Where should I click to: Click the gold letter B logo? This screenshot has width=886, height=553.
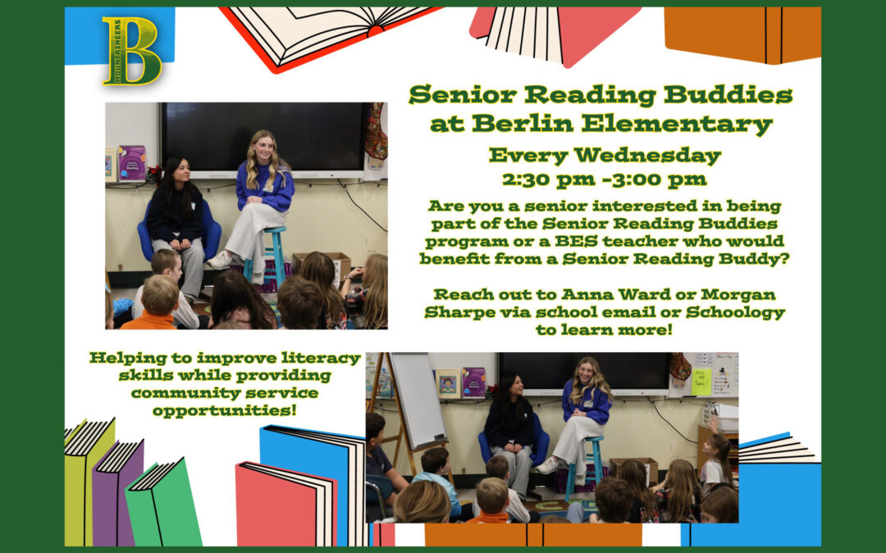coord(132,51)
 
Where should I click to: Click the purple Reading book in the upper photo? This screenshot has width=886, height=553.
coord(131,163)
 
